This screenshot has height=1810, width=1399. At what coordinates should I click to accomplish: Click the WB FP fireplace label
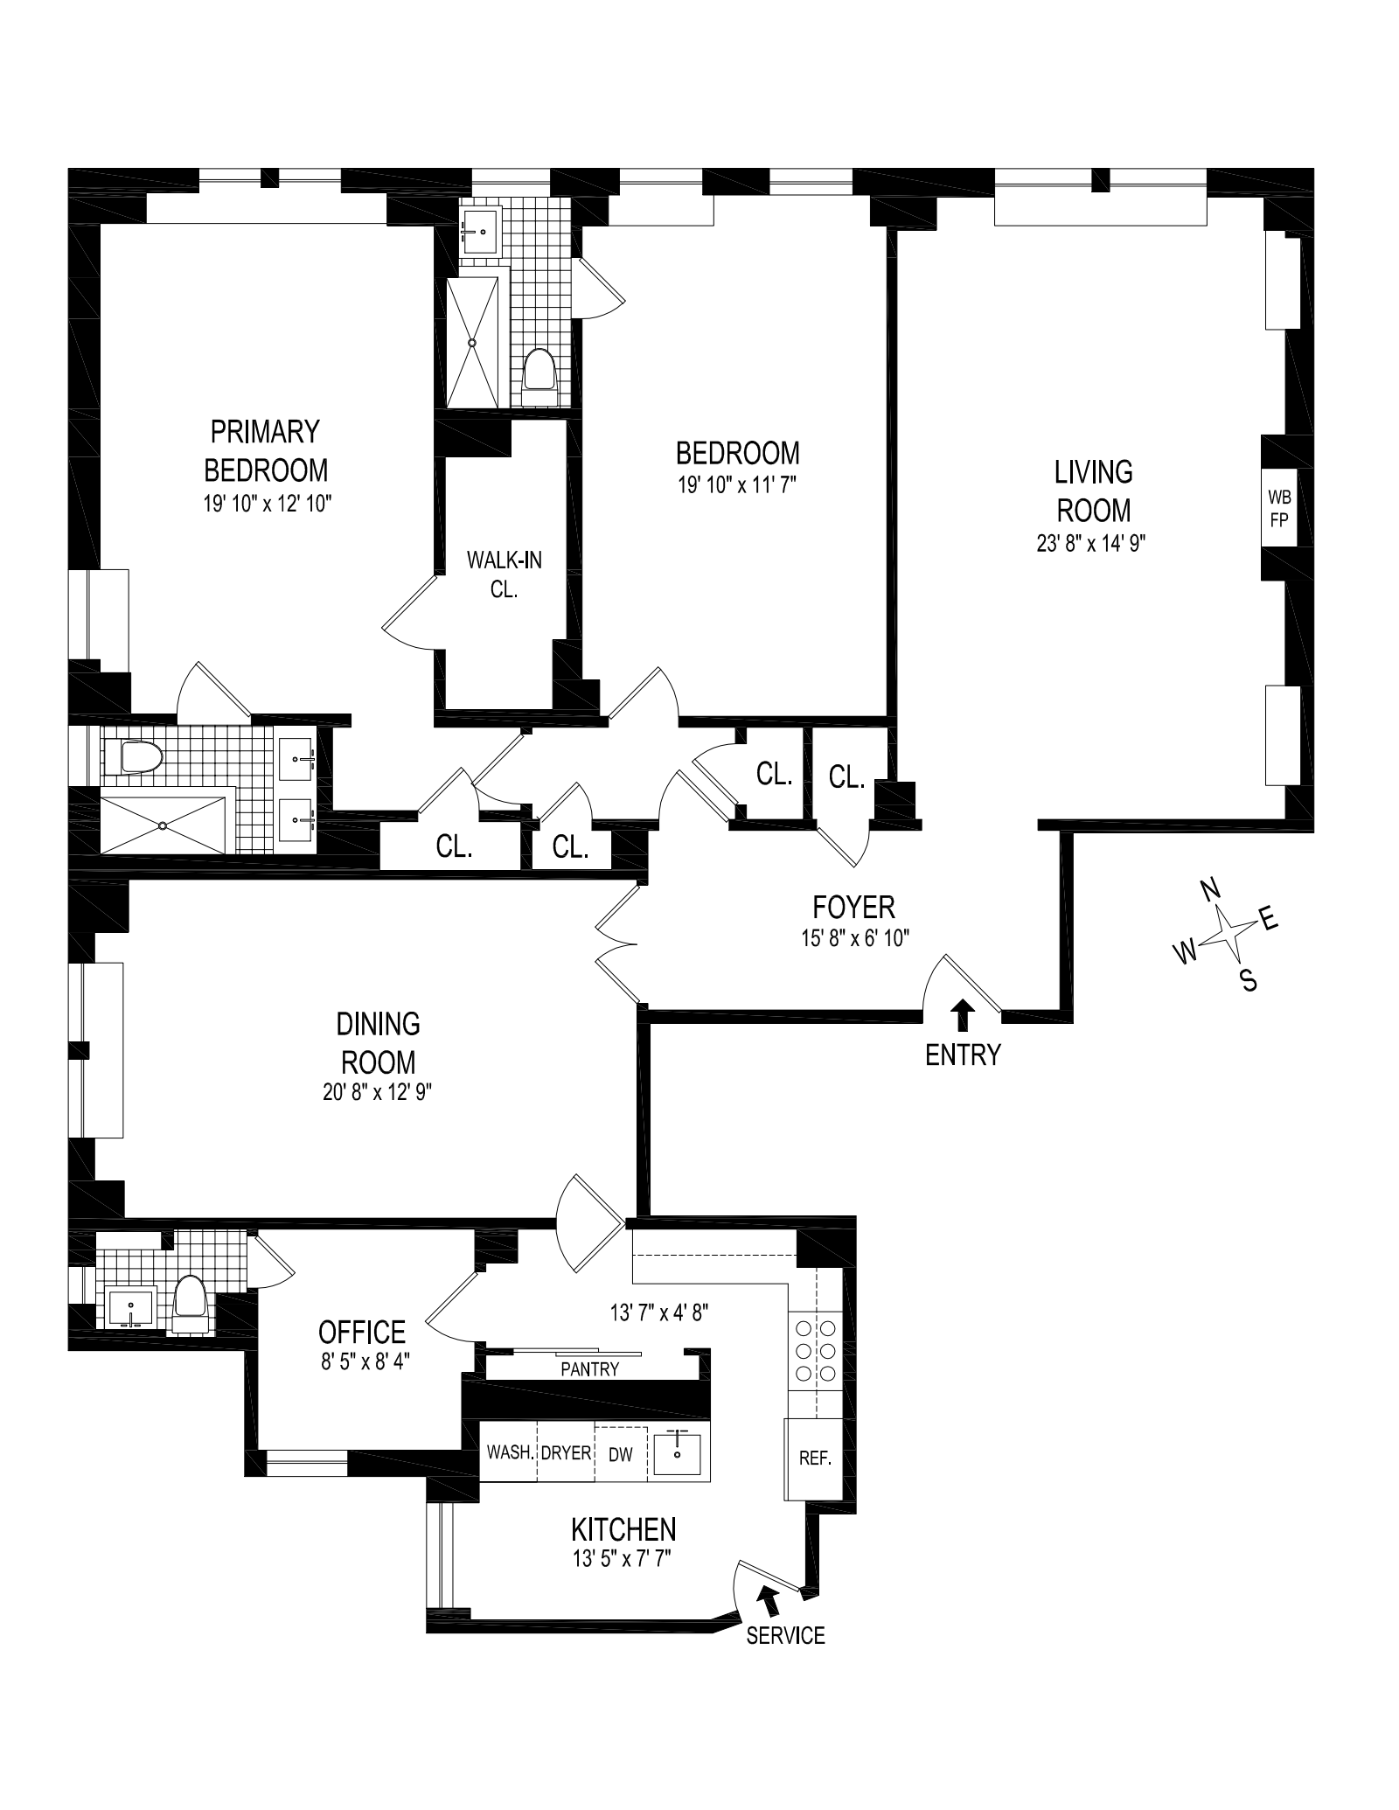pyautogui.click(x=1278, y=506)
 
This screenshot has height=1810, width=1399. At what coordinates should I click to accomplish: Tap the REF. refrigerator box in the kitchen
pyautogui.click(x=814, y=1458)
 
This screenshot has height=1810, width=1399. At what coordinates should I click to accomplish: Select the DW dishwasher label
pyautogui.click(x=620, y=1452)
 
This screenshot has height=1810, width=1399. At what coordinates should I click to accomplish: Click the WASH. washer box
pyautogui.click(x=509, y=1452)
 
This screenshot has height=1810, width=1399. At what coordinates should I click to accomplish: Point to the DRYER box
pyautogui.click(x=566, y=1452)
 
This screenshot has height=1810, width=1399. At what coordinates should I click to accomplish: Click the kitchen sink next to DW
pyautogui.click(x=678, y=1452)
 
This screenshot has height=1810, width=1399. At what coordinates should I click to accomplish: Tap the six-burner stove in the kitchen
pyautogui.click(x=814, y=1351)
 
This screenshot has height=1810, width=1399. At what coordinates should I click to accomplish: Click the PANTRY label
pyautogui.click(x=590, y=1369)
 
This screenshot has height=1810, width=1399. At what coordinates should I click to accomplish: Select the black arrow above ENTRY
pyautogui.click(x=963, y=1017)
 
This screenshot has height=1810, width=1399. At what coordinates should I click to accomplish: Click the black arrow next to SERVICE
pyautogui.click(x=769, y=1599)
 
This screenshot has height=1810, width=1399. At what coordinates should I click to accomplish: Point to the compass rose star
pyautogui.click(x=1225, y=935)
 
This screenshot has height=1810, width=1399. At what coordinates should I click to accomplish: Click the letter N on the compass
pyautogui.click(x=1209, y=891)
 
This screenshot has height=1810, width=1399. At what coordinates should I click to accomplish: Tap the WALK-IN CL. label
pyautogui.click(x=505, y=574)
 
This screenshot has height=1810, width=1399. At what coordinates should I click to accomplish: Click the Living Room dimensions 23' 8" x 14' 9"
pyautogui.click(x=1091, y=543)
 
